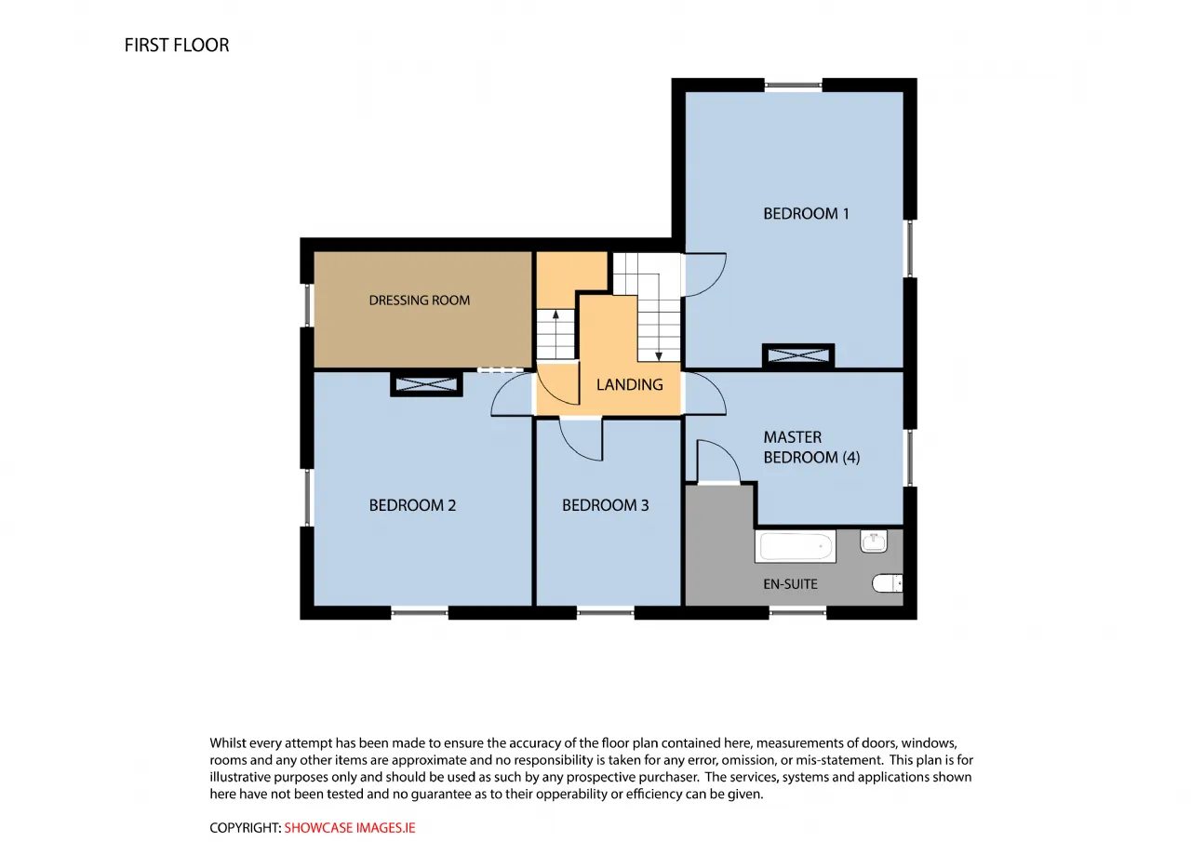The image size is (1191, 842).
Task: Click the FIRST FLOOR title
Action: (177, 46)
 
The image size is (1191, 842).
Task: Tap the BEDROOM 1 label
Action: (806, 214)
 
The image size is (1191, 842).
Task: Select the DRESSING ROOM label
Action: (420, 301)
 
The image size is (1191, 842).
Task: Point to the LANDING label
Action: (630, 384)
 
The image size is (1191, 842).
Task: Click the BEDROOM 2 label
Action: (412, 505)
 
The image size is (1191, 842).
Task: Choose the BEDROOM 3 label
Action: (606, 505)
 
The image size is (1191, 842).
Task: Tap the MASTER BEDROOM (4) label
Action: (811, 447)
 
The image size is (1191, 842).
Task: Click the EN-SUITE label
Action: (791, 584)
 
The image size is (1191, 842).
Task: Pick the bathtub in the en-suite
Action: (796, 546)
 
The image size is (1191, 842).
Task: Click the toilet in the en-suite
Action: (888, 583)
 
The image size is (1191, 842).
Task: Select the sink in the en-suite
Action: (874, 541)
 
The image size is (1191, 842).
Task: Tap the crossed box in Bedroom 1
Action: (798, 355)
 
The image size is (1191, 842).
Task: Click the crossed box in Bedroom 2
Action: (426, 384)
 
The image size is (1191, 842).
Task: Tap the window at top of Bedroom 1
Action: (794, 85)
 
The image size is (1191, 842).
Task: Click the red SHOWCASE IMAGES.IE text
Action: (349, 828)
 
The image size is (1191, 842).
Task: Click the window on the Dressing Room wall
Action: (307, 305)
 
